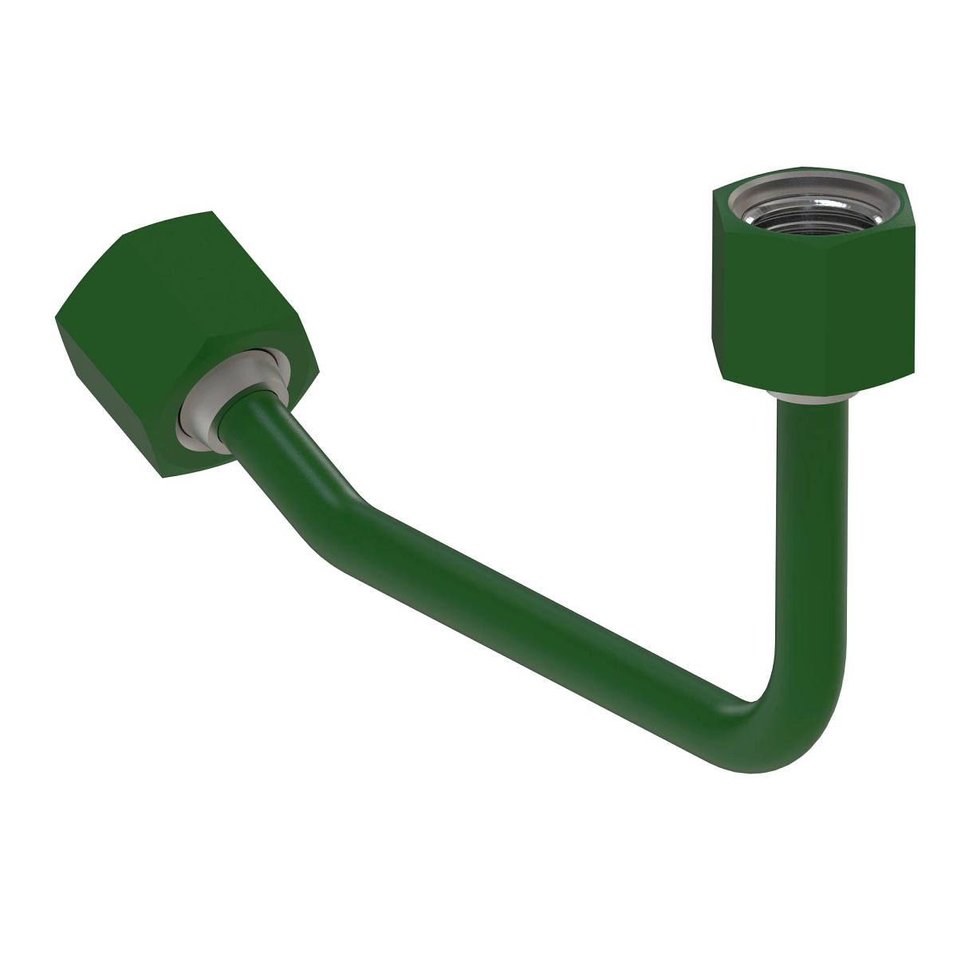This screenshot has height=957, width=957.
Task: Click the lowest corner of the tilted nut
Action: point(163,478)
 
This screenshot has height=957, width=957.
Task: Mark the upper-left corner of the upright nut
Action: point(711,191)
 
